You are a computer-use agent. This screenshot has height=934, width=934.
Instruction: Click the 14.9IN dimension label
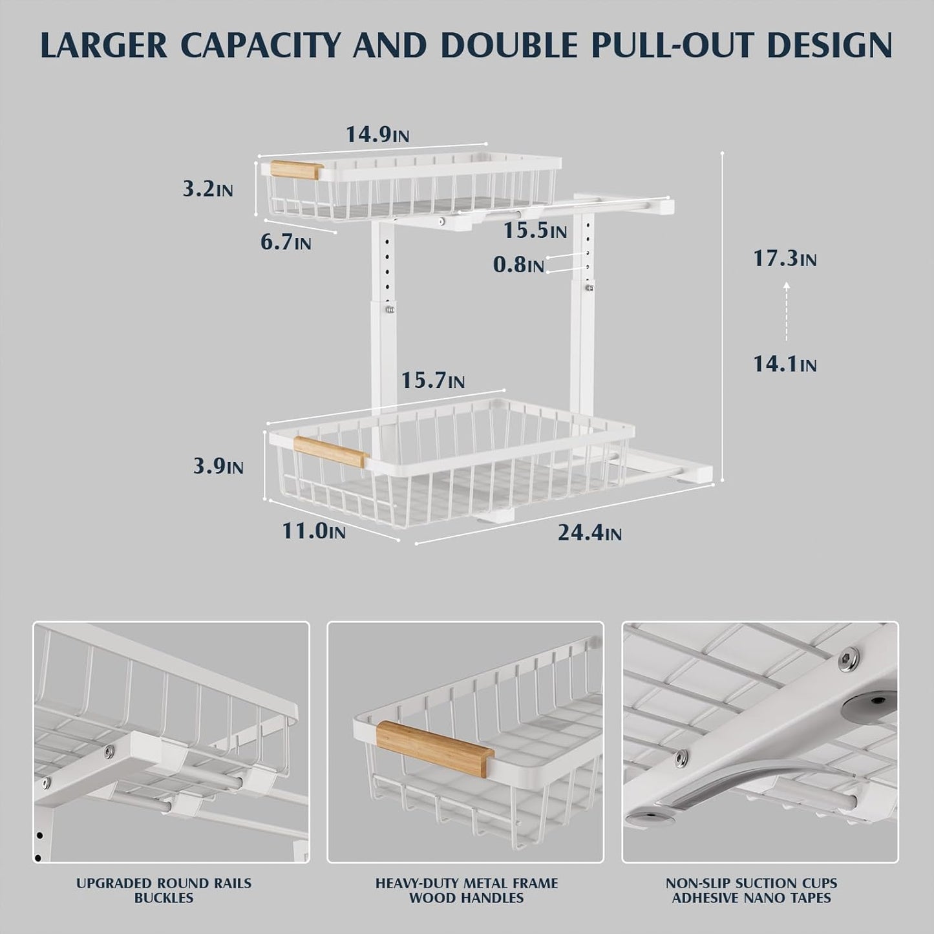pos(377,134)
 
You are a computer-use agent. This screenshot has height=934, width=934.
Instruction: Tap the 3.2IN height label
pos(207,189)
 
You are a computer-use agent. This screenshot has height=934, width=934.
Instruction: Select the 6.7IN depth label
pos(286,242)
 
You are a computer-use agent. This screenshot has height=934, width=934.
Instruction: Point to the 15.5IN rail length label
pos(535,230)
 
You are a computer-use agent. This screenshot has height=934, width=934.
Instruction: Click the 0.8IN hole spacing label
pos(518,264)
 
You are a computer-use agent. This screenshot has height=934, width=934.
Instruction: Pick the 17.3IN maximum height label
pos(785,259)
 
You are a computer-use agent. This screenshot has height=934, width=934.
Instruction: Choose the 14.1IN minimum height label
pos(785,365)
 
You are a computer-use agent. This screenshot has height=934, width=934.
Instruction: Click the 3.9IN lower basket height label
pos(218,466)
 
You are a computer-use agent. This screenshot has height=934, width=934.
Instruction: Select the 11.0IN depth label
pos(313,531)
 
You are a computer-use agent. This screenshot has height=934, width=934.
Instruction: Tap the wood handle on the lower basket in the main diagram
pos(331,451)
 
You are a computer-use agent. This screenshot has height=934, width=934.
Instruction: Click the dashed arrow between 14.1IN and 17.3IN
pos(787,312)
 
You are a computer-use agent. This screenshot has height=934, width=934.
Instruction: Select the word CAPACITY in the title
pos(254,45)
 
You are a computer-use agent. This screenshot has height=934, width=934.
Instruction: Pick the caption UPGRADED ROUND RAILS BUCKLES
pos(164,890)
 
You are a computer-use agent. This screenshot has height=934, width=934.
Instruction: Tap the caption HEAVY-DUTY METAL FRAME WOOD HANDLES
pos(467,890)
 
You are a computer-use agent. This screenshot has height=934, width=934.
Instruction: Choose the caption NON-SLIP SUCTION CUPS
pos(752,883)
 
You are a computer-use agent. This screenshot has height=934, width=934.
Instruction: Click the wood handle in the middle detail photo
pos(435,748)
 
